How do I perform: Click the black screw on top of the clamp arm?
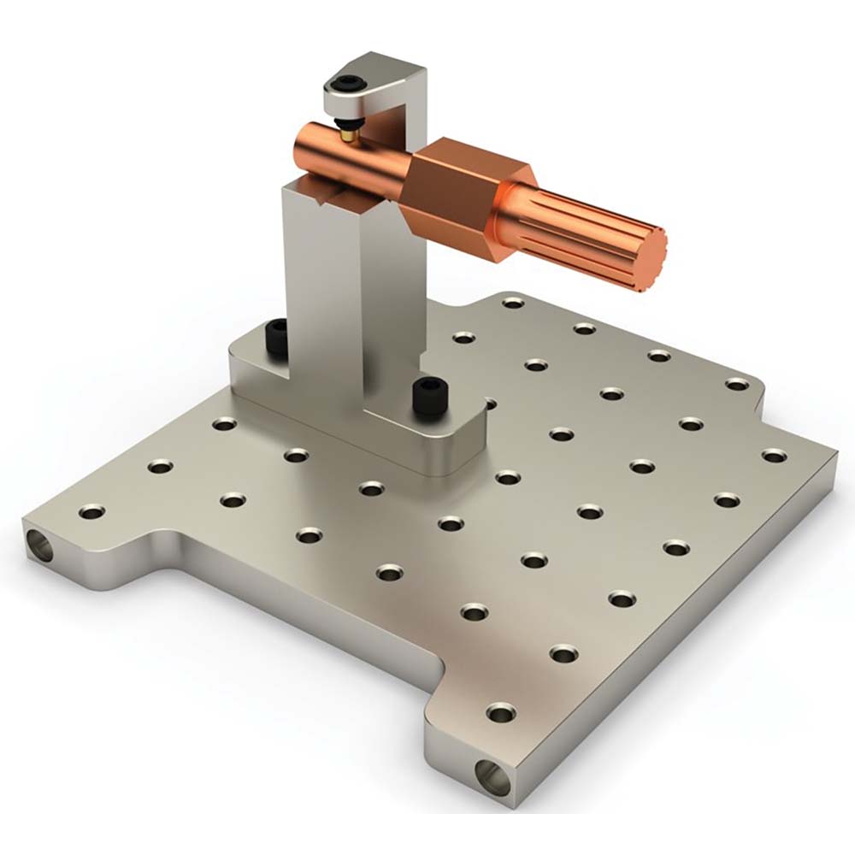(x=348, y=84)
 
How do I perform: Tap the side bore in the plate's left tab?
(x=38, y=545)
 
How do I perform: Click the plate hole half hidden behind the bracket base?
(x=490, y=401)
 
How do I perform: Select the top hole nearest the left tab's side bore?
(x=91, y=512)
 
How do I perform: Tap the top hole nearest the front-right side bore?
(x=500, y=711)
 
